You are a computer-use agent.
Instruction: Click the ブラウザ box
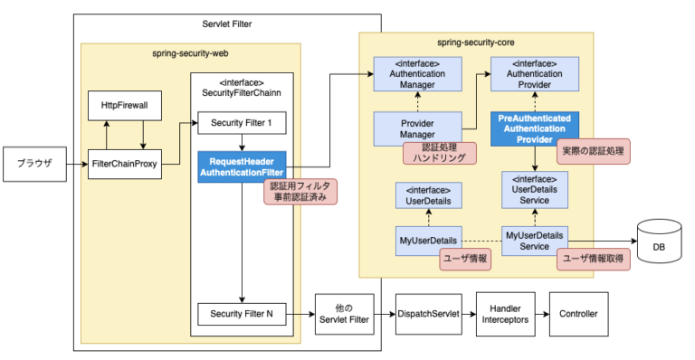pyautogui.click(x=34, y=165)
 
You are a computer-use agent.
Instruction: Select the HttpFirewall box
pyautogui.click(x=125, y=106)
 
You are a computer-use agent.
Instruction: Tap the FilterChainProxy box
pyautogui.click(x=125, y=165)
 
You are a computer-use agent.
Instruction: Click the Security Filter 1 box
pyautogui.click(x=242, y=123)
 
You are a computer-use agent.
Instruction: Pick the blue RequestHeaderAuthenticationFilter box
pyautogui.click(x=242, y=167)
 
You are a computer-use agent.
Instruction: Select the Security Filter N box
pyautogui.click(x=242, y=314)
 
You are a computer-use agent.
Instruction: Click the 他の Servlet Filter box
pyautogui.click(x=345, y=314)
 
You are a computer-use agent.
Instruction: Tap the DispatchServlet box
pyautogui.click(x=429, y=314)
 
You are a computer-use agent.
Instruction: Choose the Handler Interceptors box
pyautogui.click(x=505, y=314)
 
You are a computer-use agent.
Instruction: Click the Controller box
pyautogui.click(x=578, y=314)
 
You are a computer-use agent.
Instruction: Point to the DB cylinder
pyautogui.click(x=659, y=242)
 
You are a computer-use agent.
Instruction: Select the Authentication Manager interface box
pyautogui.click(x=417, y=74)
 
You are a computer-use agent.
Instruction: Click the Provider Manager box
pyautogui.click(x=417, y=128)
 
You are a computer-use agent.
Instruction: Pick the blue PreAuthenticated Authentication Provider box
pyautogui.click(x=535, y=128)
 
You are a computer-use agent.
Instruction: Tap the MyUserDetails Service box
pyautogui.click(x=535, y=241)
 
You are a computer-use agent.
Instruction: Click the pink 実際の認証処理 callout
pyautogui.click(x=593, y=151)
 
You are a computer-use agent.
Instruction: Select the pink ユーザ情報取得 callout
pyautogui.click(x=593, y=259)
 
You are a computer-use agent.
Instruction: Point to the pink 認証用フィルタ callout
pyautogui.click(x=300, y=192)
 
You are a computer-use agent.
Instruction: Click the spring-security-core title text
pyautogui.click(x=476, y=43)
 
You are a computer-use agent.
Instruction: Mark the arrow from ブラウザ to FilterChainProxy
pyautogui.click(x=77, y=165)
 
